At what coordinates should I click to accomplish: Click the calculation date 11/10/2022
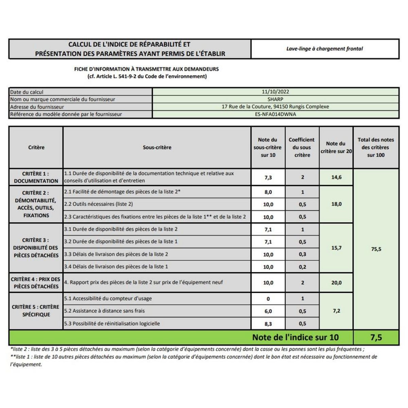pyautogui.click(x=275, y=92)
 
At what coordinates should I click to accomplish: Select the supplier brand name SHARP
pyautogui.click(x=275, y=99)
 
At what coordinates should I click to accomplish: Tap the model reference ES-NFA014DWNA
pyautogui.click(x=275, y=114)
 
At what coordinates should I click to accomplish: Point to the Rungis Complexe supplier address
pyautogui.click(x=275, y=107)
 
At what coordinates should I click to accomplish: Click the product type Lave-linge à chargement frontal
pyautogui.click(x=324, y=49)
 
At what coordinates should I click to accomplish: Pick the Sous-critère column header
pyautogui.click(x=157, y=148)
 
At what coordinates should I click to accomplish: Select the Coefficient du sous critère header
pyautogui.click(x=302, y=148)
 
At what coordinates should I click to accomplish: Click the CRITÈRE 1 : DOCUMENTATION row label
pyautogui.click(x=36, y=177)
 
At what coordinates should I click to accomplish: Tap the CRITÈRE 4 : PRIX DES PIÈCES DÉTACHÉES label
pyautogui.click(x=36, y=283)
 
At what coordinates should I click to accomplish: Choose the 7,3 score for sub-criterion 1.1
pyautogui.click(x=268, y=177)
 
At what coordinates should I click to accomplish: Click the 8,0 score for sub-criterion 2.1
pyautogui.click(x=268, y=192)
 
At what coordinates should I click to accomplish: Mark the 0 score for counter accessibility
pyautogui.click(x=268, y=299)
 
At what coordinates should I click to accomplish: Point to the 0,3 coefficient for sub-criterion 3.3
pyautogui.click(x=302, y=254)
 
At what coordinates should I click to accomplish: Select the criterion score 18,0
pyautogui.click(x=336, y=204)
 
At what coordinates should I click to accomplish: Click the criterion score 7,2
pyautogui.click(x=336, y=311)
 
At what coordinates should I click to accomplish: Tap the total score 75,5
pyautogui.click(x=376, y=249)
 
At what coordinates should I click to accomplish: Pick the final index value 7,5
pyautogui.click(x=376, y=337)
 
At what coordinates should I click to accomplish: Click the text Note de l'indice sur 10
pyautogui.click(x=295, y=337)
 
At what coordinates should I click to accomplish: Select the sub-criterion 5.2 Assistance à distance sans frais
pyautogui.click(x=104, y=311)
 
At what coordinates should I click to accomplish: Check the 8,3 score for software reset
pyautogui.click(x=268, y=324)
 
